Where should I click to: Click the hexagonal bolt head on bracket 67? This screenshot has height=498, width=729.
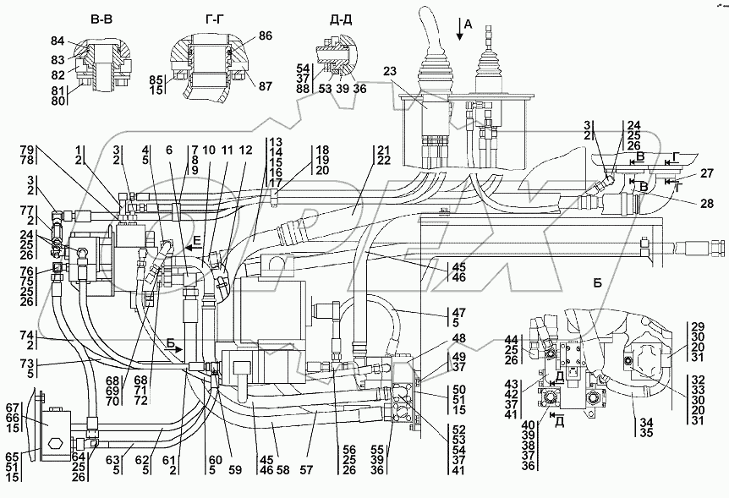[x=57, y=443]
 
